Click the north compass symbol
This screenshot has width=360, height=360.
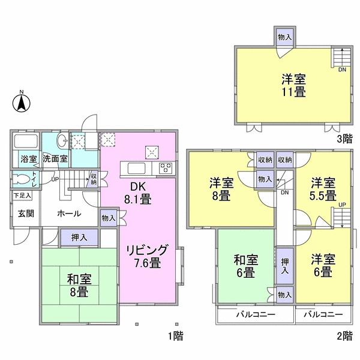point(21,103)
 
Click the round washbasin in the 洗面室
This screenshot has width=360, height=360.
point(61,142)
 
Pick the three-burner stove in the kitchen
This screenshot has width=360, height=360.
point(166,169)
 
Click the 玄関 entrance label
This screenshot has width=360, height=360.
point(26,214)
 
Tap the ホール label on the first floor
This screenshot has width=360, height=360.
point(69,214)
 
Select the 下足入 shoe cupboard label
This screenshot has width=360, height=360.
point(23,195)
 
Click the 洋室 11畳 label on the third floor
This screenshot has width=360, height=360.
point(293,85)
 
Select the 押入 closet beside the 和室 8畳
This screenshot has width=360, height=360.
point(79,238)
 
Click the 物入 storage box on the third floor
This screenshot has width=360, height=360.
point(285,37)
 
